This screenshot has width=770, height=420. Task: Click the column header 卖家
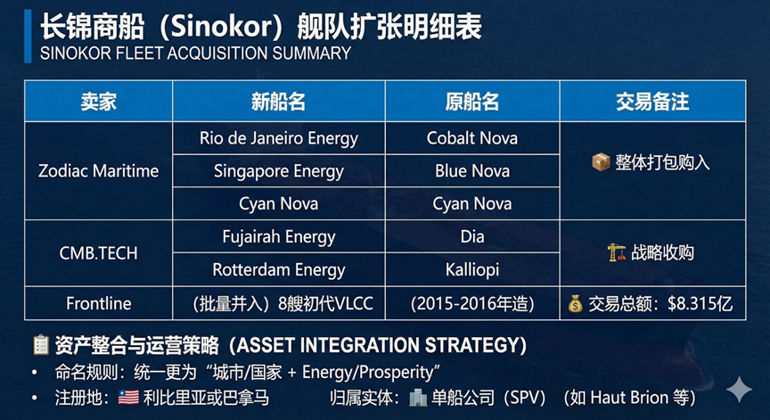tap(98, 102)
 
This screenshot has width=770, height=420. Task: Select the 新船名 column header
tap(278, 102)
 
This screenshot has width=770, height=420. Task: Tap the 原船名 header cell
tap(472, 102)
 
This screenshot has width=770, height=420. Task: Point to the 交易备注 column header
tap(652, 102)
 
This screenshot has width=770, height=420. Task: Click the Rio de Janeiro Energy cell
tap(278, 138)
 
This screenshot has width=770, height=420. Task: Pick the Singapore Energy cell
tap(278, 171)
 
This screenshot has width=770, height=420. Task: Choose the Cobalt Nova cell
tap(472, 138)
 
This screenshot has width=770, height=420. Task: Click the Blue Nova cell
tap(472, 171)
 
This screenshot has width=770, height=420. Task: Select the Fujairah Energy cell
tap(278, 237)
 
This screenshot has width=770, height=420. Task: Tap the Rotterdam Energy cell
tap(278, 270)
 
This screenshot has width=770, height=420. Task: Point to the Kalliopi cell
tap(472, 269)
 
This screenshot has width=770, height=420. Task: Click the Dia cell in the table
tap(472, 237)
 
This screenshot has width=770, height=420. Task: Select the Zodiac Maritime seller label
tap(98, 171)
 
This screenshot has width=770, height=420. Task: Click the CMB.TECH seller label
tap(98, 253)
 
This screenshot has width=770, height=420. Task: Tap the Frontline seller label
tap(98, 303)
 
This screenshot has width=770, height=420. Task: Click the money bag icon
tap(575, 304)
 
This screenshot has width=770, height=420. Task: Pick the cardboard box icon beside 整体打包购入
tap(601, 162)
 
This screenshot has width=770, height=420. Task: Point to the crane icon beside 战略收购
tap(617, 252)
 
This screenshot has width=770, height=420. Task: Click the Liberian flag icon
tap(128, 398)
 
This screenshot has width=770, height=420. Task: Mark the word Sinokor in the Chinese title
tap(221, 27)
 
